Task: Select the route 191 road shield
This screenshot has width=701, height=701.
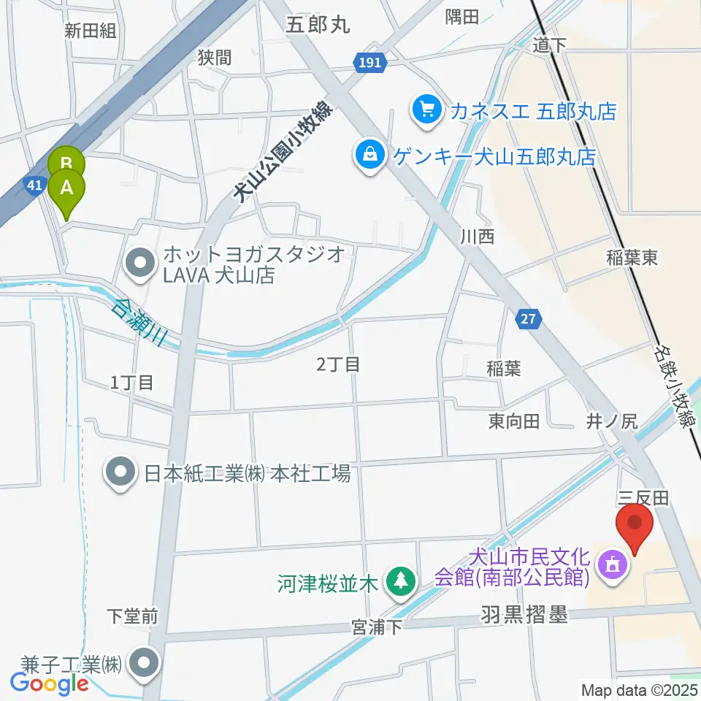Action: (x=370, y=64)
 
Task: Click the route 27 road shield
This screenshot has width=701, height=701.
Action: (x=528, y=318)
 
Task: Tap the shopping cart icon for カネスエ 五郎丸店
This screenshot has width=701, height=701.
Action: (x=426, y=111)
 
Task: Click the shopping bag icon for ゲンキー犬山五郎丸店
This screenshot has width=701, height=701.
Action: (x=370, y=155)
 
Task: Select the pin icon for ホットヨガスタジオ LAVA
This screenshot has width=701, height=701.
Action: (x=139, y=266)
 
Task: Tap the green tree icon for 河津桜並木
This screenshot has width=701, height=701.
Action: (x=399, y=583)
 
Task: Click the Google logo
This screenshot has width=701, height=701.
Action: (x=50, y=683)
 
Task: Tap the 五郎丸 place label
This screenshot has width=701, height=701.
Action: (x=318, y=24)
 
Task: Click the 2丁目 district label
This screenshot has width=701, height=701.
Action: (x=339, y=364)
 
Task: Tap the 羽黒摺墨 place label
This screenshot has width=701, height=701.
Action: (x=524, y=616)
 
